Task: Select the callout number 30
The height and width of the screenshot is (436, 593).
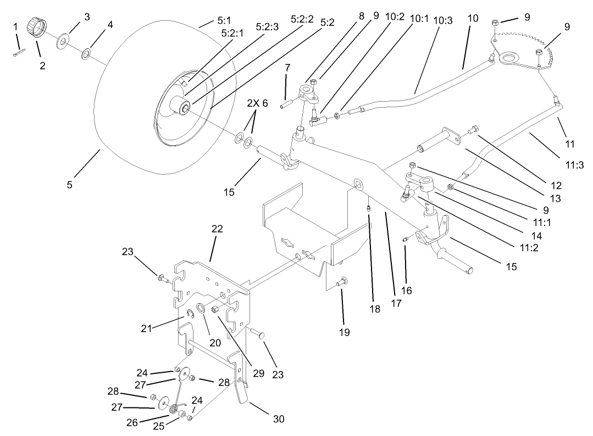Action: [278, 420]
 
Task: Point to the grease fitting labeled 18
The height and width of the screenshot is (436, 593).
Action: [369, 208]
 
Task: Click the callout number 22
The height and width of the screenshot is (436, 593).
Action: [218, 229]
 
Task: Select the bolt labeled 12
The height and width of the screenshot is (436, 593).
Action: [473, 131]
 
